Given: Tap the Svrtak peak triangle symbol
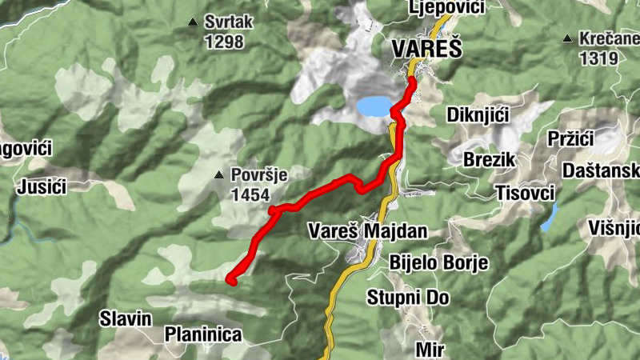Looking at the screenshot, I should click(x=192, y=22).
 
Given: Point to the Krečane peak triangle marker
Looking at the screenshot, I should click(x=567, y=38).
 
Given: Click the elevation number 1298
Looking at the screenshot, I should click(x=223, y=42).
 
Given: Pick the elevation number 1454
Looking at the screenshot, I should click(x=250, y=194).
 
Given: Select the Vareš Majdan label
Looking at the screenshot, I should click(x=368, y=232).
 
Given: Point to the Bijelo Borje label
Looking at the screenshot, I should click(x=438, y=263).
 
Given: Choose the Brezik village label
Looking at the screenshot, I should click(x=488, y=159).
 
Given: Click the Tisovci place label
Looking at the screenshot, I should click(x=526, y=193).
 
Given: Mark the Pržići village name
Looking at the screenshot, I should click(x=569, y=139).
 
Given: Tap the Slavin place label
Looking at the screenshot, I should click(x=126, y=319).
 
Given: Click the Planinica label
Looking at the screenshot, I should click(x=203, y=334).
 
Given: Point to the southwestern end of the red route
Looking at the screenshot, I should click(x=230, y=280).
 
